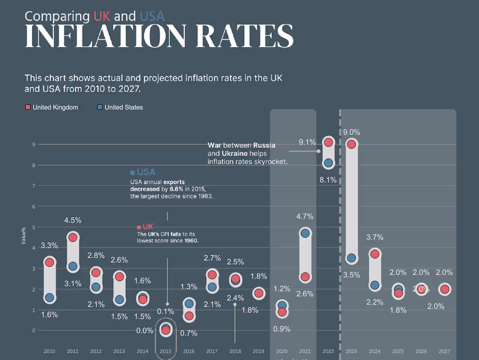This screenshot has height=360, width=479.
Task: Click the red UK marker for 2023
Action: point(351,144)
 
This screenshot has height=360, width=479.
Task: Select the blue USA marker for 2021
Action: point(305,233)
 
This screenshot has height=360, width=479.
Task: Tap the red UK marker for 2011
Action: point(73,237)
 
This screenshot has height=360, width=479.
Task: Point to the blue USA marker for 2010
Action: point(49,298)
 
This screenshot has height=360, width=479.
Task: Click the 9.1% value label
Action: point(307,142)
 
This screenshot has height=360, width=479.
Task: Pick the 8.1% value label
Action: point(328,180)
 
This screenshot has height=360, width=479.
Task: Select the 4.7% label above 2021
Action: point(305,216)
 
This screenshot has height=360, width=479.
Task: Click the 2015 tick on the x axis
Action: point(165,351)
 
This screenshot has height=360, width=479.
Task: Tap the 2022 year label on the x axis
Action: point(328,351)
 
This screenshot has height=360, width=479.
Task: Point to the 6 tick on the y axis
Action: point(33,207)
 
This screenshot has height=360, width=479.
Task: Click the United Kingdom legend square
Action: point(28,107)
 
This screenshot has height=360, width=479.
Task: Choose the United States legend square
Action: point(100,107)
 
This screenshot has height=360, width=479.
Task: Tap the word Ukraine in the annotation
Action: point(235,153)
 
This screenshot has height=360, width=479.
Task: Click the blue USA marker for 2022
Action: point(328,163)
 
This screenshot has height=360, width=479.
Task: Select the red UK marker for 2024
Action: point(374,254)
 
